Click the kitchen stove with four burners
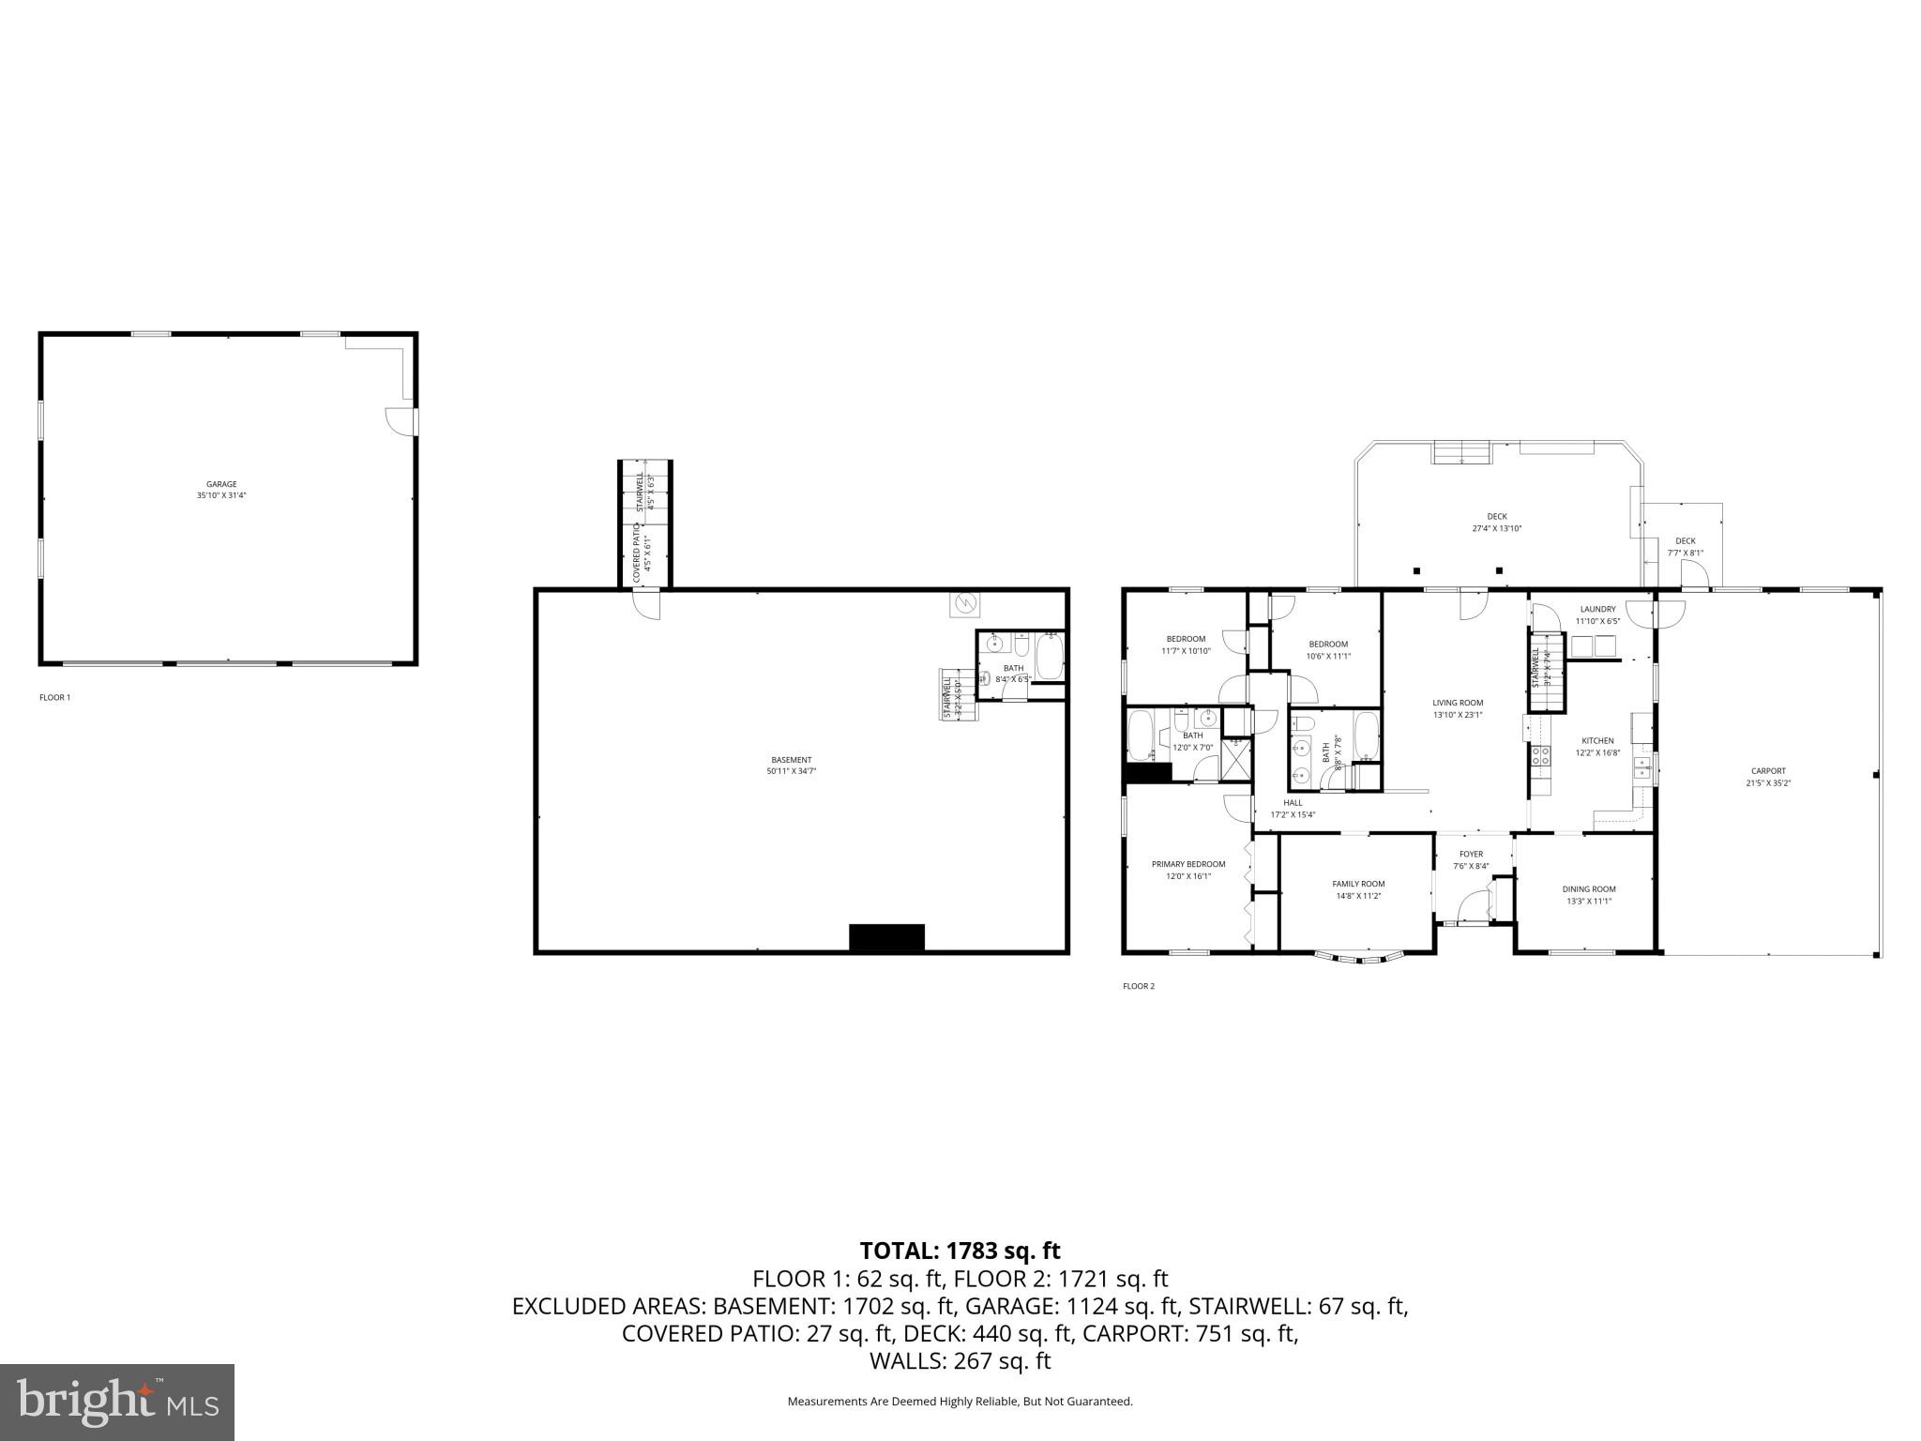click(x=1540, y=755)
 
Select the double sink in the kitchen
click(x=1641, y=770)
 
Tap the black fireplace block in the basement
click(x=886, y=937)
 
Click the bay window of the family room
click(x=1359, y=958)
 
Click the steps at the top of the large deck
click(x=1460, y=452)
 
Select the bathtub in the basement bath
click(x=1049, y=656)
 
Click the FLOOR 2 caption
click(x=1138, y=986)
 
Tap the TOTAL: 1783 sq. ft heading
click(x=960, y=1251)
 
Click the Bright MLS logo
click(x=117, y=1402)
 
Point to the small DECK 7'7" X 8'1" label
click(x=1685, y=547)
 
